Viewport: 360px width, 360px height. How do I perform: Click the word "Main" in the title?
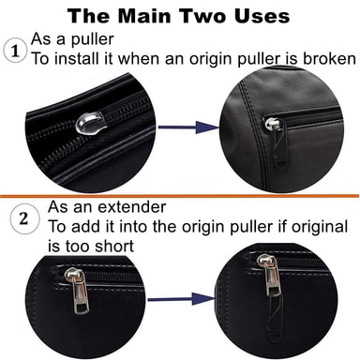pyautogui.click(x=145, y=16)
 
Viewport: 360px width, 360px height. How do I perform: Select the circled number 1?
pyautogui.click(x=15, y=52)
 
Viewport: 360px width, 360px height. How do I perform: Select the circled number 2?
pyautogui.click(x=24, y=218)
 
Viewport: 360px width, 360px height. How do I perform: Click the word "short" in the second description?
pyautogui.click(x=114, y=246)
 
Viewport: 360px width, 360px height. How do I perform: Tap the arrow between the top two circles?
pyautogui.click(x=188, y=127)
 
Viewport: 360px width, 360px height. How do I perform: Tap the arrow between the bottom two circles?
pyautogui.click(x=181, y=299)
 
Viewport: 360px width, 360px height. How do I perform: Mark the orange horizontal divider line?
pyautogui.click(x=180, y=196)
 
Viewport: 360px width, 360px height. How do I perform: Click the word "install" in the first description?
pyautogui.click(x=76, y=58)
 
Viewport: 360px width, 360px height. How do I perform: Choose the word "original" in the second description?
pyautogui.click(x=320, y=226)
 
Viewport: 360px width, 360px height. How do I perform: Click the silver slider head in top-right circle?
pyautogui.click(x=269, y=124)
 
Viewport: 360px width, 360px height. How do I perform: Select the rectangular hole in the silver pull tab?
pyautogui.click(x=82, y=308)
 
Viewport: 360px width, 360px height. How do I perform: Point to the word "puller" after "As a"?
pyautogui.click(x=92, y=40)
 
